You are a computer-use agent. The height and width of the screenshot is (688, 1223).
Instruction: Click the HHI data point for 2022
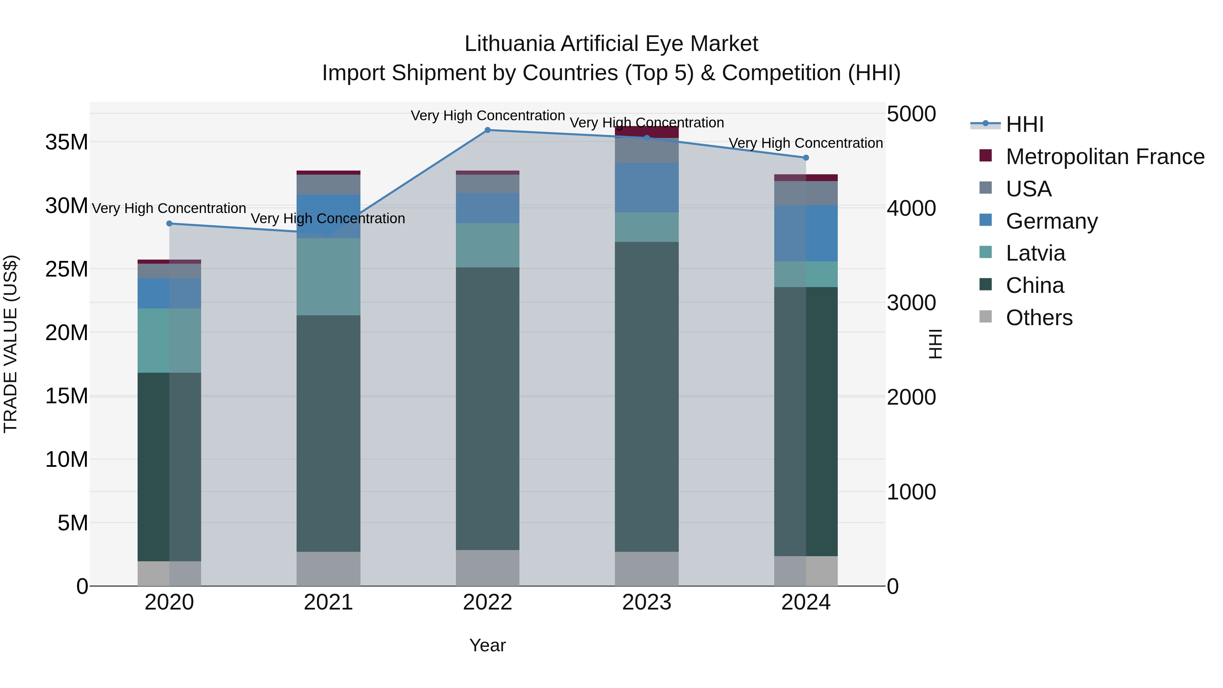[x=488, y=130]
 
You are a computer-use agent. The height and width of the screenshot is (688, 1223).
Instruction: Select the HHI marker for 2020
[x=170, y=224]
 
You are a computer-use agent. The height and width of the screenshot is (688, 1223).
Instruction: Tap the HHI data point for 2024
[x=806, y=158]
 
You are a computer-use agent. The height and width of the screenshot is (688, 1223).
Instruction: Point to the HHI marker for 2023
[x=646, y=138]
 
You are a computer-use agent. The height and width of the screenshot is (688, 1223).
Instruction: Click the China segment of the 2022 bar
[x=488, y=408]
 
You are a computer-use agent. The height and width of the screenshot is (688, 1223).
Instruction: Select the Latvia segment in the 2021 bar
[x=329, y=277]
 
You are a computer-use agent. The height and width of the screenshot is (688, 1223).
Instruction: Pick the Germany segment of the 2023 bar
[x=646, y=188]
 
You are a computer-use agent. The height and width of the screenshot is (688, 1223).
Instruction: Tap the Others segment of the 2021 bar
[x=329, y=568]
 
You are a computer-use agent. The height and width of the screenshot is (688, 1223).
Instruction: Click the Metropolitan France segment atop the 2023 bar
[x=646, y=133]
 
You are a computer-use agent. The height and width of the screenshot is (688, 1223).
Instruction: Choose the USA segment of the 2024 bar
[x=806, y=193]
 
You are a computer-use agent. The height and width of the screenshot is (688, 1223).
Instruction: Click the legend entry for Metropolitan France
[x=1105, y=157]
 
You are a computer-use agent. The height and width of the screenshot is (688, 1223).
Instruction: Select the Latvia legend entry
[x=1035, y=253]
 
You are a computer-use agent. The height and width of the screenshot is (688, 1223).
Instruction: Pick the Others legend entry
[x=1039, y=318]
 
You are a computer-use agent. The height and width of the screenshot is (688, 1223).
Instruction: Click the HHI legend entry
[x=1025, y=124]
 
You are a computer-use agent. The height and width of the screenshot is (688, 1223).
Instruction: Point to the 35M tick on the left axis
[x=67, y=142]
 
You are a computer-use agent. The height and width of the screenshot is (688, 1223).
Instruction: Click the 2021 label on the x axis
[x=329, y=602]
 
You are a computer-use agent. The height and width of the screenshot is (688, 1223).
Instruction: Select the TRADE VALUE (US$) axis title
[x=11, y=344]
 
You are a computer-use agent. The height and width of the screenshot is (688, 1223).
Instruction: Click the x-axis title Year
[x=488, y=645]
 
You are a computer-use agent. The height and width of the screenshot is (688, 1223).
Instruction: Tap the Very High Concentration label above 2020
[x=169, y=209]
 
